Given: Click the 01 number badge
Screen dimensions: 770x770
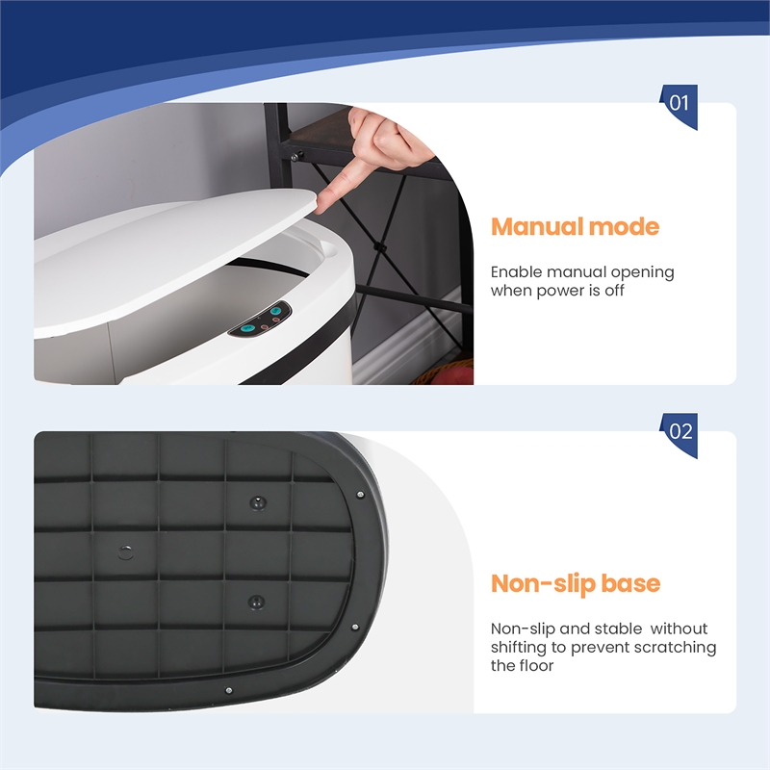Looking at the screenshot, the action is (680, 106).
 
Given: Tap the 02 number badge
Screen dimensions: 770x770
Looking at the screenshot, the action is (680, 434).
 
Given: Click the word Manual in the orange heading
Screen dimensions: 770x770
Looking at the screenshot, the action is (537, 227).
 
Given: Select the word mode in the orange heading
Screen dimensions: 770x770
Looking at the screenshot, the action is (624, 227).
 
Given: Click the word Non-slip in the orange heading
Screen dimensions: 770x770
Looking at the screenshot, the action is (543, 583).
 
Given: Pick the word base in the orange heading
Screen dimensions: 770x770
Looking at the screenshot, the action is (630, 583).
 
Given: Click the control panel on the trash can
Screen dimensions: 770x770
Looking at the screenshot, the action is (260, 320).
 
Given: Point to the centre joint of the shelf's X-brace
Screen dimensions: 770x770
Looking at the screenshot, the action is (378, 247).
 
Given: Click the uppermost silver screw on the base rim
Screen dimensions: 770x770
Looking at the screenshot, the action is (360, 495).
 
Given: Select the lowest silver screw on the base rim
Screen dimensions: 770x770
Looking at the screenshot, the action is (228, 690).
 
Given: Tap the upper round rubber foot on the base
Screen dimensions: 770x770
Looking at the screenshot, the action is (258, 502).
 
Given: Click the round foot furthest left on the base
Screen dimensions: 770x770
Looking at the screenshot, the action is (126, 552).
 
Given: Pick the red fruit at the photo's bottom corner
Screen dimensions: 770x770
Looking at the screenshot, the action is (452, 376).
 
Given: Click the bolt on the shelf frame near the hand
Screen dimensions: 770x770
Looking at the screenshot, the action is (295, 157).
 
